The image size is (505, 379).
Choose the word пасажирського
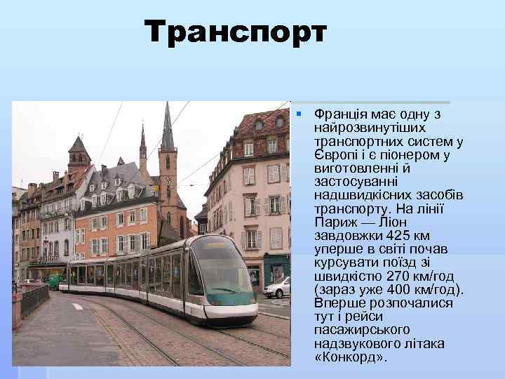(x=358, y=329)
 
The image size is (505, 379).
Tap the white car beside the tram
(x=278, y=288)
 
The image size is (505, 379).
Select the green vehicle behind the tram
(x=55, y=281)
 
